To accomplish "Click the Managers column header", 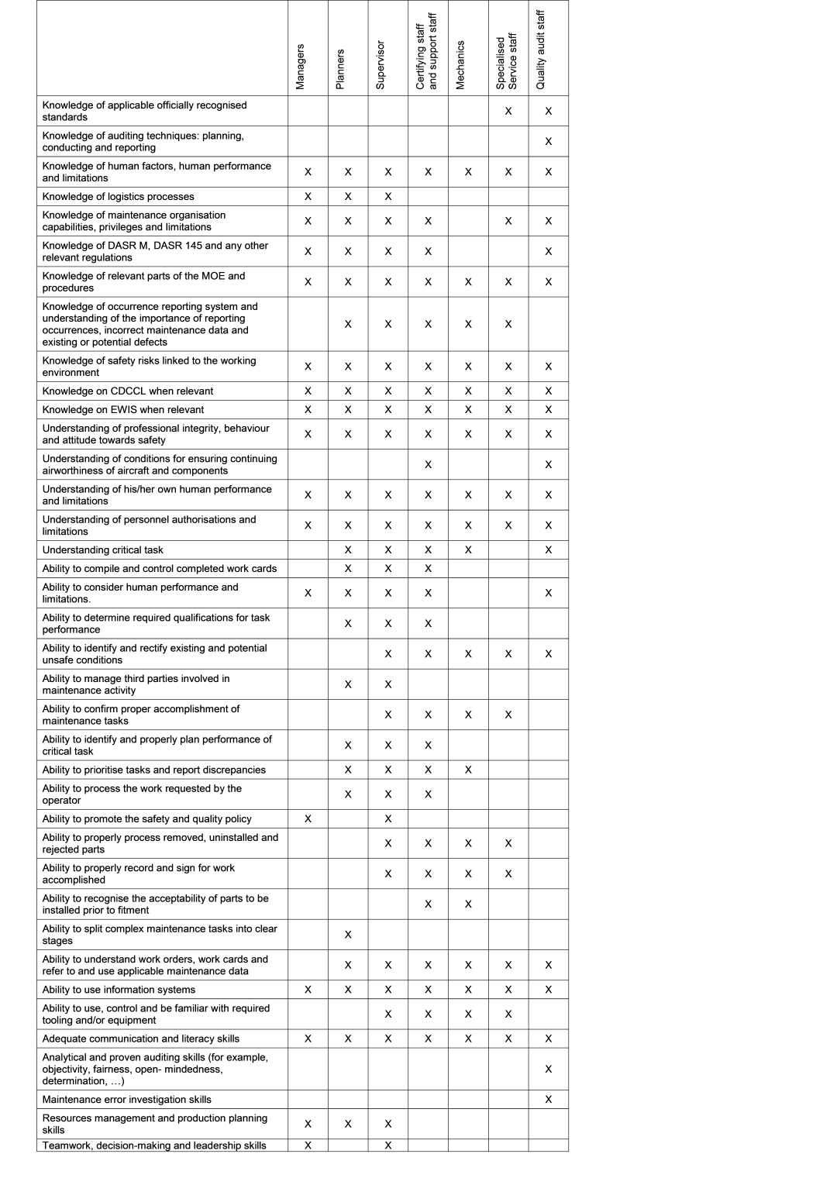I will click(x=301, y=66).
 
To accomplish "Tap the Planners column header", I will click(x=340, y=70).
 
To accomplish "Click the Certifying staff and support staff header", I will click(x=427, y=51).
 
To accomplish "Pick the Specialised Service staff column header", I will click(x=507, y=62).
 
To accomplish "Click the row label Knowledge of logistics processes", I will click(x=119, y=197).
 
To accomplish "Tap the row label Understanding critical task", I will click(x=103, y=550).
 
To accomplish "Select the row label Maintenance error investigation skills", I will click(x=127, y=1100).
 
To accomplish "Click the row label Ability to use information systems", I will click(x=119, y=990).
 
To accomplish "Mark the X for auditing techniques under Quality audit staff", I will click(x=549, y=142).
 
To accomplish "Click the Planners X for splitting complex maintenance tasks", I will click(x=348, y=935).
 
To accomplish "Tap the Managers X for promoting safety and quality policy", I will click(x=308, y=819).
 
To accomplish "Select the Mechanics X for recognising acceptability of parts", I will click(x=468, y=904).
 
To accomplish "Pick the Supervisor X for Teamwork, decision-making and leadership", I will click(x=388, y=1145).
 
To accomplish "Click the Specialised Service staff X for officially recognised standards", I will click(x=508, y=112).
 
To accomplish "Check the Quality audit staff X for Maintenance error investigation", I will click(x=549, y=1100).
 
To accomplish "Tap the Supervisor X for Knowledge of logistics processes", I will click(x=388, y=197).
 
